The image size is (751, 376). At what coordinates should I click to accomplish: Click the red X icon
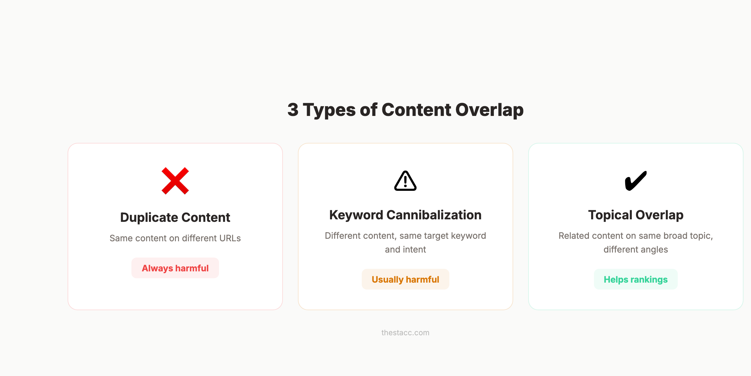[x=175, y=181]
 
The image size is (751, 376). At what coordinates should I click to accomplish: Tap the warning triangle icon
[x=405, y=181]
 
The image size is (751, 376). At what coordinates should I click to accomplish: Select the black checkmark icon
[x=636, y=181]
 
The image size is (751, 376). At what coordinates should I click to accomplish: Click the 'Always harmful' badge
[x=175, y=268]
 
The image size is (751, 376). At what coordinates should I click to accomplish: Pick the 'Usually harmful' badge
[x=405, y=279]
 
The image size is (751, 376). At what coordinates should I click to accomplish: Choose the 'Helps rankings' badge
[x=636, y=279]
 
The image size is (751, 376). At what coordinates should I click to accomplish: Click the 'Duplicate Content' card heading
[x=175, y=217]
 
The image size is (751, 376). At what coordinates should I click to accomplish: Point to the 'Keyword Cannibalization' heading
[x=405, y=215]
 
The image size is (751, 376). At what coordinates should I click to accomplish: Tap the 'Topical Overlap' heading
[x=636, y=215]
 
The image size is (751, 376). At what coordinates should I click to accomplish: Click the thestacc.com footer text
[x=405, y=333]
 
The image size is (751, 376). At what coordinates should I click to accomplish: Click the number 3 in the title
[x=293, y=110]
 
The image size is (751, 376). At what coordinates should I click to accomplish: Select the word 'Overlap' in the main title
[x=489, y=110]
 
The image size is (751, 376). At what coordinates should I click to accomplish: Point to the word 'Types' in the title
[x=329, y=110]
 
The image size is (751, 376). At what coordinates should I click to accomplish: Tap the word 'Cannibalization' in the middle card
[x=434, y=215]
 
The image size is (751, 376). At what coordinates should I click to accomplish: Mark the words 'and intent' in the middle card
[x=405, y=249]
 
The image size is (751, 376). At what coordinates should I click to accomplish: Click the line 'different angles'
[x=636, y=249]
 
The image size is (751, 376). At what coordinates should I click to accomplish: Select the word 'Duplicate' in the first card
[x=149, y=217]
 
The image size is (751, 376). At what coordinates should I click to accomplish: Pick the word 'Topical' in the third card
[x=610, y=215]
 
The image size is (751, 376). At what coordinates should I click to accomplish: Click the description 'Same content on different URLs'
[x=175, y=238]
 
